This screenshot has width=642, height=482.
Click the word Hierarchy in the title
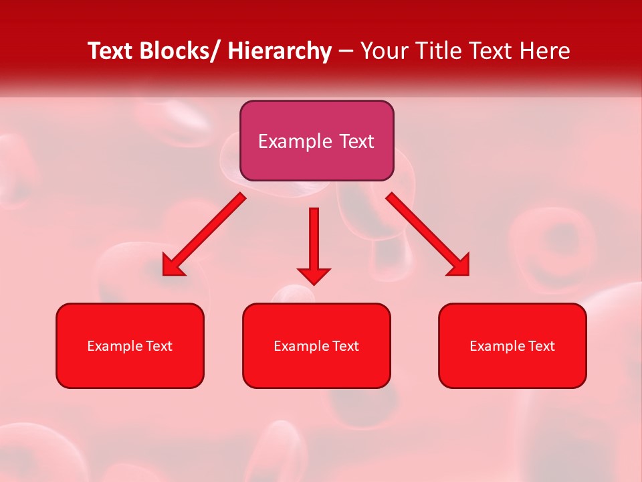click(279, 51)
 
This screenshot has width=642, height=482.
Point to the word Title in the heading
click(442, 51)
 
